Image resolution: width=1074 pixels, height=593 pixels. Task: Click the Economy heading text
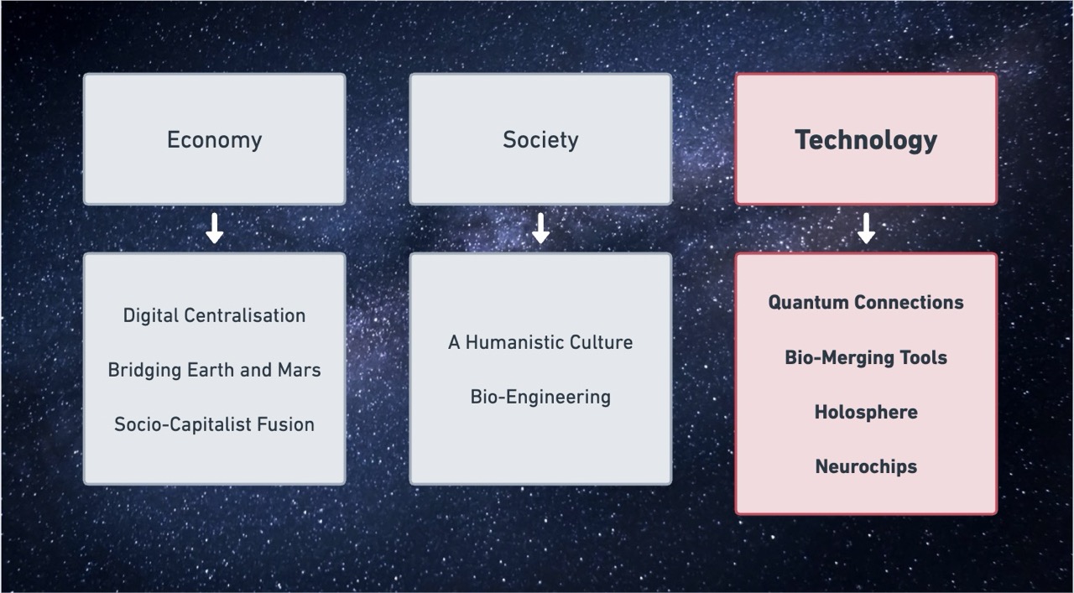214,140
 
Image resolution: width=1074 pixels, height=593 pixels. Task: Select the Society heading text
540,140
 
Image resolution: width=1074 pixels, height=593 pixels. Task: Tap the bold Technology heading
866,141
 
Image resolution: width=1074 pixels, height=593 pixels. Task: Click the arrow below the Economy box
214,228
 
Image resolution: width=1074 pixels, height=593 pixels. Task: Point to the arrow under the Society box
541,228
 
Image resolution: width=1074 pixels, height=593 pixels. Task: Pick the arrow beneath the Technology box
866,228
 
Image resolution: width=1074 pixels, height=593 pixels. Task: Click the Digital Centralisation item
214,315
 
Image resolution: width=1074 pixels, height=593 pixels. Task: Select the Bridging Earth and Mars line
214,370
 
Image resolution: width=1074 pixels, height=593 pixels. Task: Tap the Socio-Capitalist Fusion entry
214,424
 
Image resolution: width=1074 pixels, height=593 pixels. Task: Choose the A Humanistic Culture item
540,342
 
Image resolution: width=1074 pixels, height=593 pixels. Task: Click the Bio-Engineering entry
540,398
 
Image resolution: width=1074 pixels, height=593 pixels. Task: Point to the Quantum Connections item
866,303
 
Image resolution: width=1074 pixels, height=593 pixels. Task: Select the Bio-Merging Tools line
866,357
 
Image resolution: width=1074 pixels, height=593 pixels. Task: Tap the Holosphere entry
866,413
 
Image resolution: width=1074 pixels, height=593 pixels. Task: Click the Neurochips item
866,467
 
